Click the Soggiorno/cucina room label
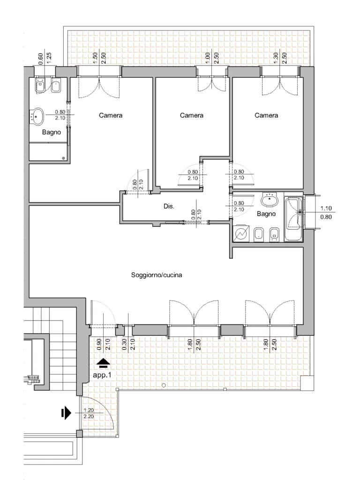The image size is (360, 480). coord(157,275)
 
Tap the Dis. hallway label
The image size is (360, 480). coord(169,206)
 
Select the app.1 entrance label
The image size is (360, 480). coord(102,375)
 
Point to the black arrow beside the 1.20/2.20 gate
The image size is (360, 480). coord(66,413)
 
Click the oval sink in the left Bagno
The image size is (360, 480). coord(37,116)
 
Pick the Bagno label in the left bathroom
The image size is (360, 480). coord(52,133)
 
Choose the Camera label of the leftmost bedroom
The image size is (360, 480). coord(111,115)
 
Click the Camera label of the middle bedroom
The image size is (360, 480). coord(192,115)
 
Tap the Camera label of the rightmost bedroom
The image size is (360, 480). coord(266,115)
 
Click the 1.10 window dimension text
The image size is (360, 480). coord(326,208)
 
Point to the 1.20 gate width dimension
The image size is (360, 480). coord(89,410)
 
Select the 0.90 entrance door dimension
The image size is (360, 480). coord(99,345)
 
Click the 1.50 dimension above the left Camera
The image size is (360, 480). coord(95,58)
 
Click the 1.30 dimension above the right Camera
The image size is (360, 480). coord(276,58)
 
